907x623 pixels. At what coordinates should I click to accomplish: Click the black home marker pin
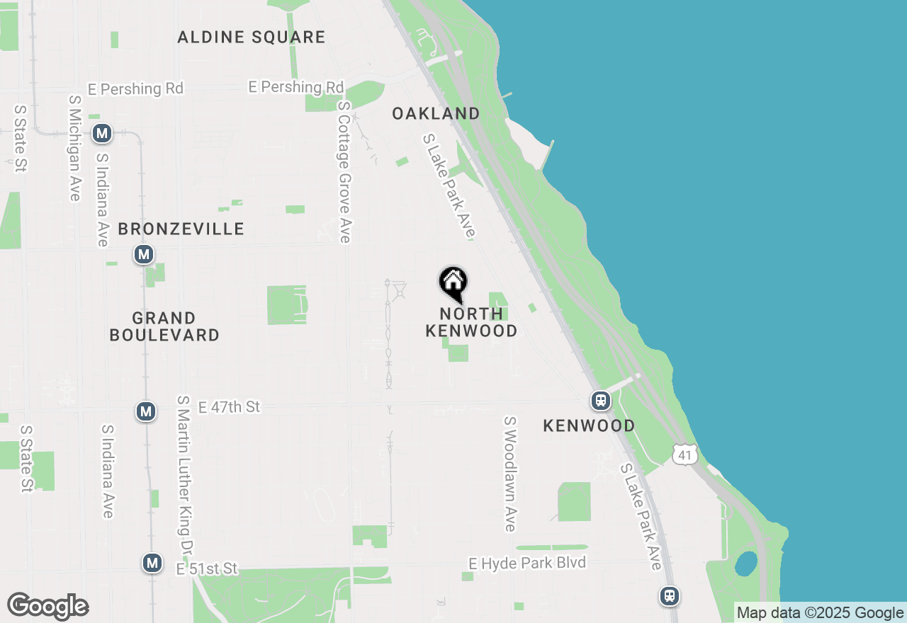point(453,284)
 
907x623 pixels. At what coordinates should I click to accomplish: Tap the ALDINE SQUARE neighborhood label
point(252,37)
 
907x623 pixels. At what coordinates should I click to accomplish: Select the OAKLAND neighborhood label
point(436,113)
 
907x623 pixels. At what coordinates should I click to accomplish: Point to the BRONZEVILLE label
point(181,229)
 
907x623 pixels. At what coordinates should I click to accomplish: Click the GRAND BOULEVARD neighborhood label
point(164,326)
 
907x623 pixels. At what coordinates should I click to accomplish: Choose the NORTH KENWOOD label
point(471,322)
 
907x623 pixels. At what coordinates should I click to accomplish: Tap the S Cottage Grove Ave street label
point(344,171)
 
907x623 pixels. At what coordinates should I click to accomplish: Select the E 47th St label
point(229,407)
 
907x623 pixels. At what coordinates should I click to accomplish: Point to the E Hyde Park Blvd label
point(527,563)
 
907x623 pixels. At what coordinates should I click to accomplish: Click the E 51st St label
point(207,568)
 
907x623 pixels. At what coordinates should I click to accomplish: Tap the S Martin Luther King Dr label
point(185,476)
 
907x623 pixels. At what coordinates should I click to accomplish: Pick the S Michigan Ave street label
point(75,148)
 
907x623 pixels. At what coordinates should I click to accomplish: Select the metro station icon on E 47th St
point(146,411)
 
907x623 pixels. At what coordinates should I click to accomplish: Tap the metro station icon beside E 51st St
point(152,563)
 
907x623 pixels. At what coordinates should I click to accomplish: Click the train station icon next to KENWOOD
point(601,401)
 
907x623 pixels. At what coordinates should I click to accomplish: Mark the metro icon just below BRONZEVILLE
point(145,254)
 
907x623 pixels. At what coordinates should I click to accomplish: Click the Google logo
point(48,606)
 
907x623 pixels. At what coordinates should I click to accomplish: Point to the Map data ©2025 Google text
point(821,613)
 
